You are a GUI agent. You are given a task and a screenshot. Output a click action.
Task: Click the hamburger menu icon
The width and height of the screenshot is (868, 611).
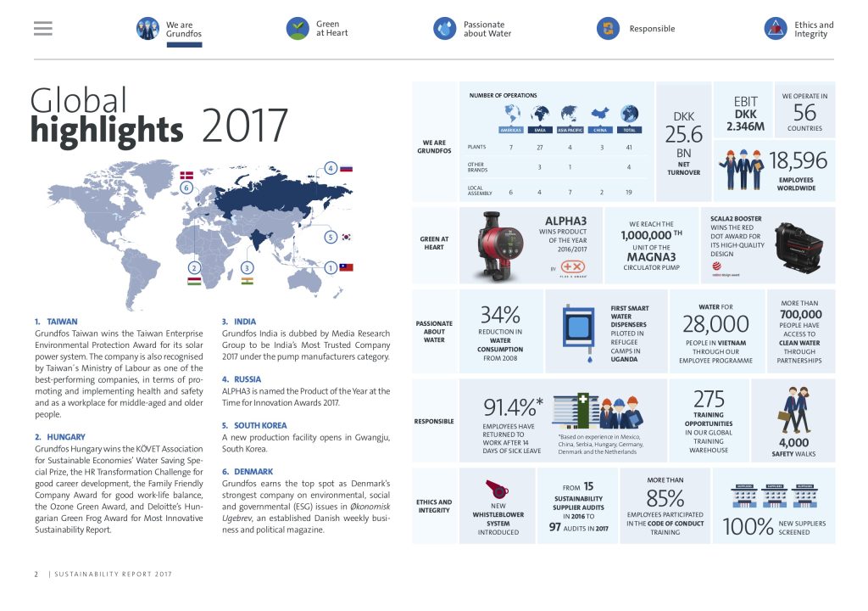coord(43,29)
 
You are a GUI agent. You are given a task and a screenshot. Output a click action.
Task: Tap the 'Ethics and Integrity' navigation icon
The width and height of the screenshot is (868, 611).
coord(776,29)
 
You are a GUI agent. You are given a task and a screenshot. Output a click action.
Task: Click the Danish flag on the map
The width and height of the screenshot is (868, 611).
coord(186,176)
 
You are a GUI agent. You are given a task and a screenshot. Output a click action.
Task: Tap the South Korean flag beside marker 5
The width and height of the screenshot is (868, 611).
coord(346,238)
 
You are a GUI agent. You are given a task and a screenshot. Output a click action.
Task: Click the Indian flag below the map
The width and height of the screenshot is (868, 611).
coord(248,280)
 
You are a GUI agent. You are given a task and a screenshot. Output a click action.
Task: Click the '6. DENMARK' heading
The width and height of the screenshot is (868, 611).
coord(248,472)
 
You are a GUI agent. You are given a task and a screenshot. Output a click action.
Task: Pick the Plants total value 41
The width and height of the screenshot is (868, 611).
coord(628,148)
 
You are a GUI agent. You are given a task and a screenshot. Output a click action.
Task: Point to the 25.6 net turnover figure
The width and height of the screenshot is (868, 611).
coord(683,135)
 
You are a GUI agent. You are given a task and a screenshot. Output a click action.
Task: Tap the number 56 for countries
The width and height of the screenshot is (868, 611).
coord(804,113)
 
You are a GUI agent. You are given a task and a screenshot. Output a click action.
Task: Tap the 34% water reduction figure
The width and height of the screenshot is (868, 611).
coord(500,315)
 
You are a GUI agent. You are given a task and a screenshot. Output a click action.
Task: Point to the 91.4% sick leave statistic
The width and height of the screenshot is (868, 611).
coord(513,407)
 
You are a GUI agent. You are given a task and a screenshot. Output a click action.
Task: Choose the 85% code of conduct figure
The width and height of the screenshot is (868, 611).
coord(665,497)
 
